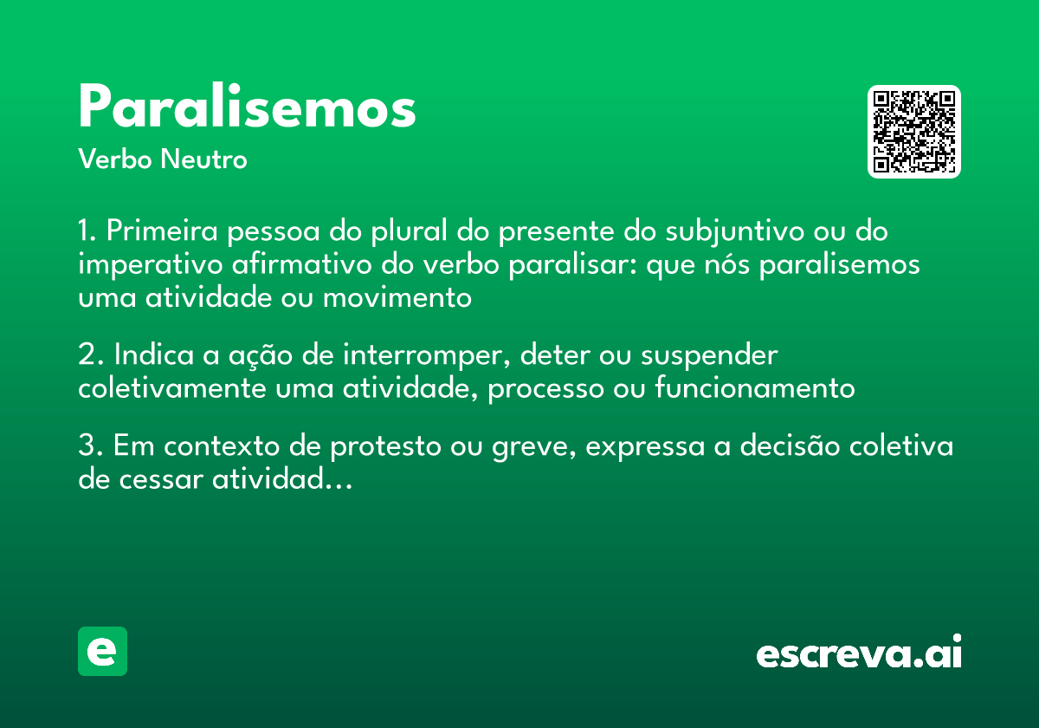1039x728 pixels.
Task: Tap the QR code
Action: pyautogui.click(x=914, y=132)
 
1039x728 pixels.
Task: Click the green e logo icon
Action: pyautogui.click(x=102, y=651)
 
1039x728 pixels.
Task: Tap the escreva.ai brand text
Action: pyautogui.click(x=859, y=653)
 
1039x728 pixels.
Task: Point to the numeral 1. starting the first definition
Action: pyautogui.click(x=88, y=232)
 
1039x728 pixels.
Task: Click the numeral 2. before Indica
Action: pyautogui.click(x=90, y=355)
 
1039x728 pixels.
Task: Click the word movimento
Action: pyautogui.click(x=397, y=297)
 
